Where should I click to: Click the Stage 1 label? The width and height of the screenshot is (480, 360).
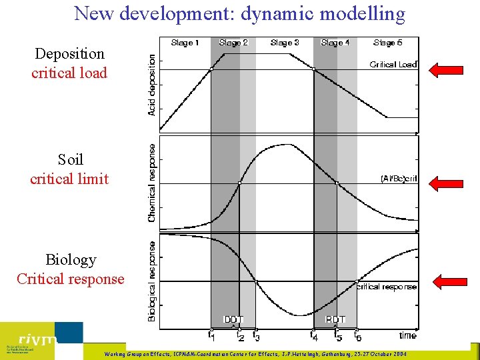point(185,43)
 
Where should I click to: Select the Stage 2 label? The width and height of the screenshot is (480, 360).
point(233,43)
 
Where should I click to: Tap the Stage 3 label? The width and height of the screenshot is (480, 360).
point(285,43)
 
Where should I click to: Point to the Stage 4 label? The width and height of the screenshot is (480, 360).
point(335,43)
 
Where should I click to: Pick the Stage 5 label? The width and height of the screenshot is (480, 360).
point(388,43)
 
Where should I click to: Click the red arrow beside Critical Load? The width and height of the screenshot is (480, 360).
point(446,69)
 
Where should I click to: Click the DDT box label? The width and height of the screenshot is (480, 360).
point(233,320)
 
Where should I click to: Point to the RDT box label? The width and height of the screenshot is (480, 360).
point(335,320)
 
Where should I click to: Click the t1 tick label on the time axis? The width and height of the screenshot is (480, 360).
point(211,335)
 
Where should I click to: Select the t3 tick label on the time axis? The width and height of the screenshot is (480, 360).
point(256,336)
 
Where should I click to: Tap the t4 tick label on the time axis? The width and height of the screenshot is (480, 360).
point(313,335)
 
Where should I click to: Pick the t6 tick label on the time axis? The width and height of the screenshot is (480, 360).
point(358,336)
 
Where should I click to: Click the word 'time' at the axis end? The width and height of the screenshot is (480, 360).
point(407,335)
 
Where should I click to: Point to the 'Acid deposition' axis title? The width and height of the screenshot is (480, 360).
point(152,85)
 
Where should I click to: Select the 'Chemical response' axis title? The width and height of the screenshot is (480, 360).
point(152,183)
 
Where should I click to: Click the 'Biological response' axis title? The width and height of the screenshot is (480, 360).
point(152,281)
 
